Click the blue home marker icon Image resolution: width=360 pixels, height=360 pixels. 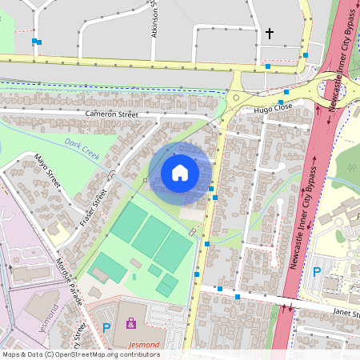180,173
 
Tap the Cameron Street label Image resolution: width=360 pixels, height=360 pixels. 112,115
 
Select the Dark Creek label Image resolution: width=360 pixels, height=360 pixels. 82,149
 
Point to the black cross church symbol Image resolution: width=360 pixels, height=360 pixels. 270,34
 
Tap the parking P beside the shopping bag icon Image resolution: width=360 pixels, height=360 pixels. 106,326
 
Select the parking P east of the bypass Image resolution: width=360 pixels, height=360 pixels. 316,271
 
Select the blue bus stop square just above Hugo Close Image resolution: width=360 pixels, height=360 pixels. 286,92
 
